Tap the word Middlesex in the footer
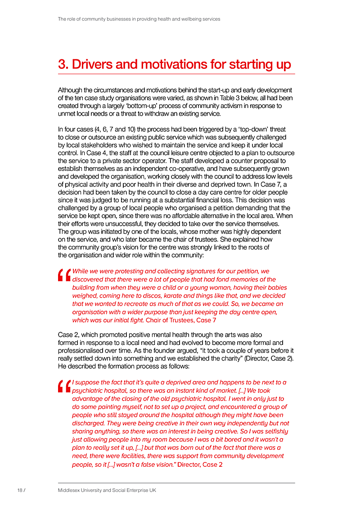click(x=69, y=490)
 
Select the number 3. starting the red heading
click(x=63, y=64)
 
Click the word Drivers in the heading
click(x=91, y=64)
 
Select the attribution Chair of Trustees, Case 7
click(x=184, y=320)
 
